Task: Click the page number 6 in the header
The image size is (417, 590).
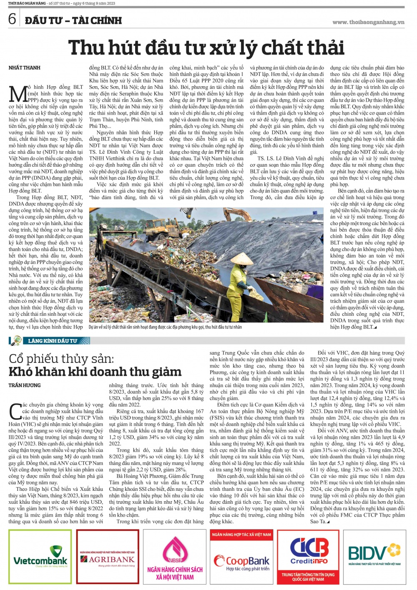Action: click(12, 19)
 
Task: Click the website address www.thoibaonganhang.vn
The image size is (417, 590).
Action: click(368, 22)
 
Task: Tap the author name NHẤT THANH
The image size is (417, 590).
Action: click(25, 67)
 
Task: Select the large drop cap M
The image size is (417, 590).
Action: click(18, 94)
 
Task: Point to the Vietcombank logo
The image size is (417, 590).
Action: click(40, 557)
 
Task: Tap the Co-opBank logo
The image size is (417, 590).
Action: click(242, 557)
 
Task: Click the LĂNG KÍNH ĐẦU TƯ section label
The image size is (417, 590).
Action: click(52, 341)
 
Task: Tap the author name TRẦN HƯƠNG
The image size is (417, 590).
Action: click(25, 385)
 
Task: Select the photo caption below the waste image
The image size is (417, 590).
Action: click(165, 327)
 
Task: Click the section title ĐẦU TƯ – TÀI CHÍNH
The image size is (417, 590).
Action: click(73, 20)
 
